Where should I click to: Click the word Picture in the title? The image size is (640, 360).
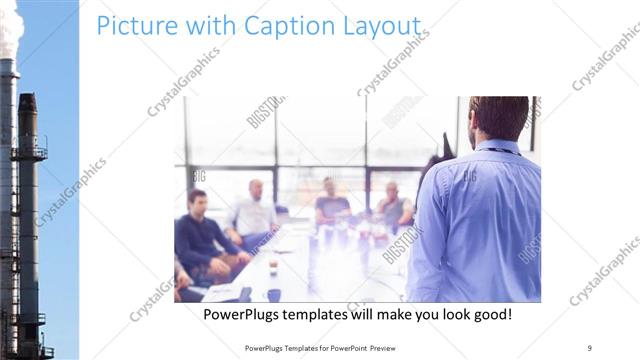click(130, 26)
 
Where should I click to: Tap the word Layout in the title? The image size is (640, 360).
click(374, 27)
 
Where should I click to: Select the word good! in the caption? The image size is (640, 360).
click(489, 314)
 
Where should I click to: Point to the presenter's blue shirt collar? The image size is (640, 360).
click(497, 146)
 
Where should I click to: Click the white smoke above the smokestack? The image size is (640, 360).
click(10, 30)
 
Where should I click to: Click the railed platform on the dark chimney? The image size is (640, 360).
click(29, 152)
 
